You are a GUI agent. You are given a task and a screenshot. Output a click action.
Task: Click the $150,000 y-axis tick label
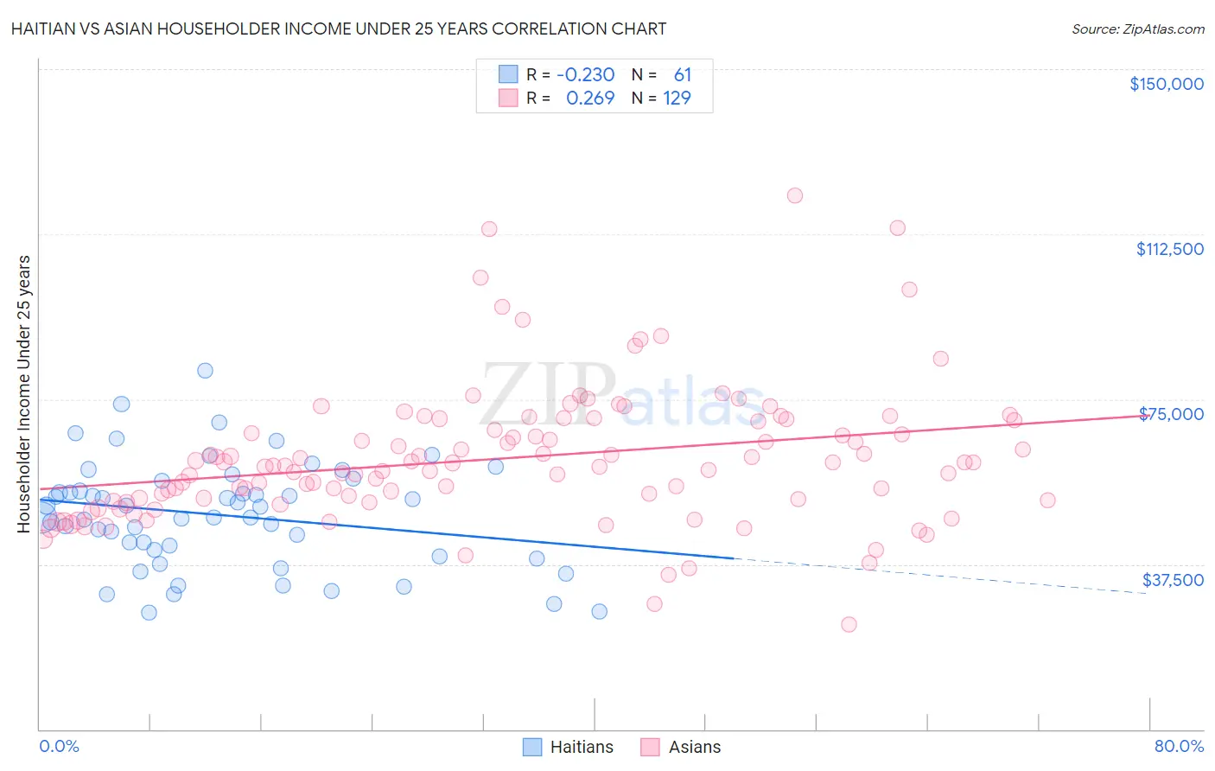tap(1166, 84)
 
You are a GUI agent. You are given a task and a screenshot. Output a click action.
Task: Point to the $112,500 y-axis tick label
tap(1169, 249)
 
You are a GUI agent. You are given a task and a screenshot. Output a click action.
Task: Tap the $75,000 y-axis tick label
tap(1171, 414)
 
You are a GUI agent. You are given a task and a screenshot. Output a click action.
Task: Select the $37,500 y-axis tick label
tap(1172, 580)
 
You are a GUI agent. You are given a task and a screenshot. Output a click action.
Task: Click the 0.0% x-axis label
tap(59, 746)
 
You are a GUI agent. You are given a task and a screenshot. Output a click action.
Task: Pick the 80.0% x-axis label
tap(1179, 746)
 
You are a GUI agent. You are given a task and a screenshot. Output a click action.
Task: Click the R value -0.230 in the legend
tap(585, 75)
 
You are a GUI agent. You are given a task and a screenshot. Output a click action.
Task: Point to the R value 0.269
tap(589, 99)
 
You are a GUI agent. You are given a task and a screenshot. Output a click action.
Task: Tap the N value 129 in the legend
tap(677, 99)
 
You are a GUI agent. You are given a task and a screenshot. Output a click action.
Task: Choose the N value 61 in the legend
tap(682, 75)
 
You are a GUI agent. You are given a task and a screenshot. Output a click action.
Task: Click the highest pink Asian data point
tap(794, 195)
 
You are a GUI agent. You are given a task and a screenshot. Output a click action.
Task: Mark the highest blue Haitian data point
tap(205, 371)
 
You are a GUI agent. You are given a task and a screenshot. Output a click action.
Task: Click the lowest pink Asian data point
tap(849, 624)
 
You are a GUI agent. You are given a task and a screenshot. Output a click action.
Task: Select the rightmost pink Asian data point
tap(1047, 500)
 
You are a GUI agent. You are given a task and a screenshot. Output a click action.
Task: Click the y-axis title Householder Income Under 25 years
tap(24, 393)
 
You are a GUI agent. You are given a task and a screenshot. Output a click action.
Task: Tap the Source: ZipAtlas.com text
tap(1137, 29)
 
